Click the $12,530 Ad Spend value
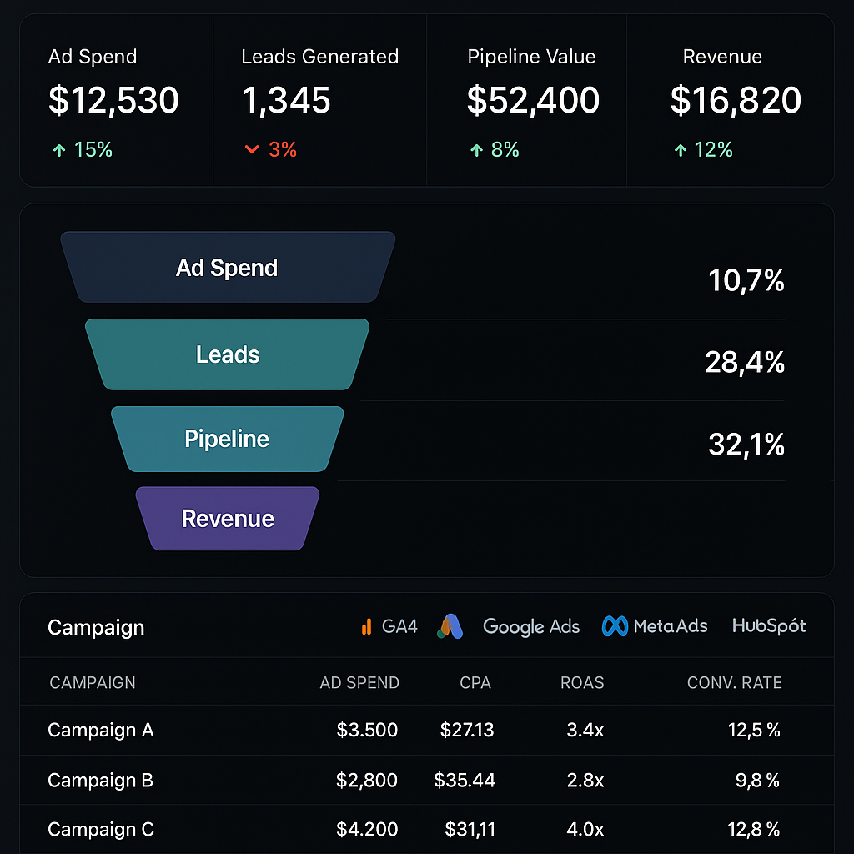pyautogui.click(x=113, y=101)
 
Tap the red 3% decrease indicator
pyautogui.click(x=271, y=150)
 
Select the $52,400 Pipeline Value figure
pyautogui.click(x=533, y=101)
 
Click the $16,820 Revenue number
pyautogui.click(x=736, y=101)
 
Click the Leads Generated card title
pyautogui.click(x=319, y=57)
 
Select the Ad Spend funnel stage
pyautogui.click(x=227, y=268)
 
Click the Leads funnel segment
pyautogui.click(x=228, y=354)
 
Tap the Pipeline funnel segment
pyautogui.click(x=227, y=439)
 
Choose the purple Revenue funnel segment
pyautogui.click(x=228, y=519)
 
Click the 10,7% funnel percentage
pyautogui.click(x=746, y=281)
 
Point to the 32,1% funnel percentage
pyautogui.click(x=746, y=445)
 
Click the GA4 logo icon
pyautogui.click(x=366, y=626)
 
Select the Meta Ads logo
pyautogui.click(x=655, y=626)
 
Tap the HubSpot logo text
pyautogui.click(x=769, y=625)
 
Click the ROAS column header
pyautogui.click(x=582, y=683)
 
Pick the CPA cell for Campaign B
pyautogui.click(x=465, y=781)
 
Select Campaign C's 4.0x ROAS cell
pyautogui.click(x=585, y=830)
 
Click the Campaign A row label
pyautogui.click(x=101, y=731)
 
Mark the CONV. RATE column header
pyautogui.click(x=734, y=683)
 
